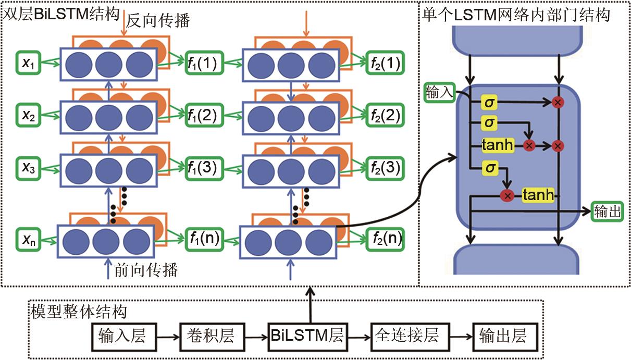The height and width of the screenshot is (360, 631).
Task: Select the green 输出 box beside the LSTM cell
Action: pos(607,211)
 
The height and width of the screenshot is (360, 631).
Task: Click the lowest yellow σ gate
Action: pos(489,168)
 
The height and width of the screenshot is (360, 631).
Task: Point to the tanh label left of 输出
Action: pos(537,195)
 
